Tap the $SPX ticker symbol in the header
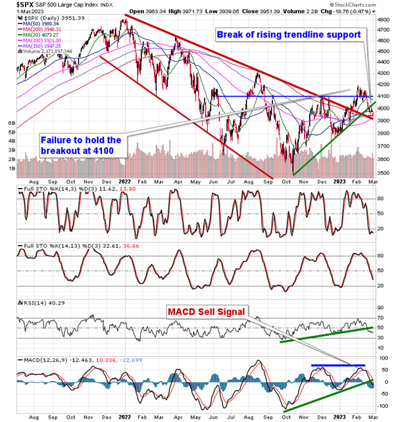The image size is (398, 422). [x=14, y=4]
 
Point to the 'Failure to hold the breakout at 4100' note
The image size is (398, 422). [x=82, y=145]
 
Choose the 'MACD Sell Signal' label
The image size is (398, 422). [x=205, y=310]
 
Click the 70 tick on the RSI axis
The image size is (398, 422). [x=380, y=308]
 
